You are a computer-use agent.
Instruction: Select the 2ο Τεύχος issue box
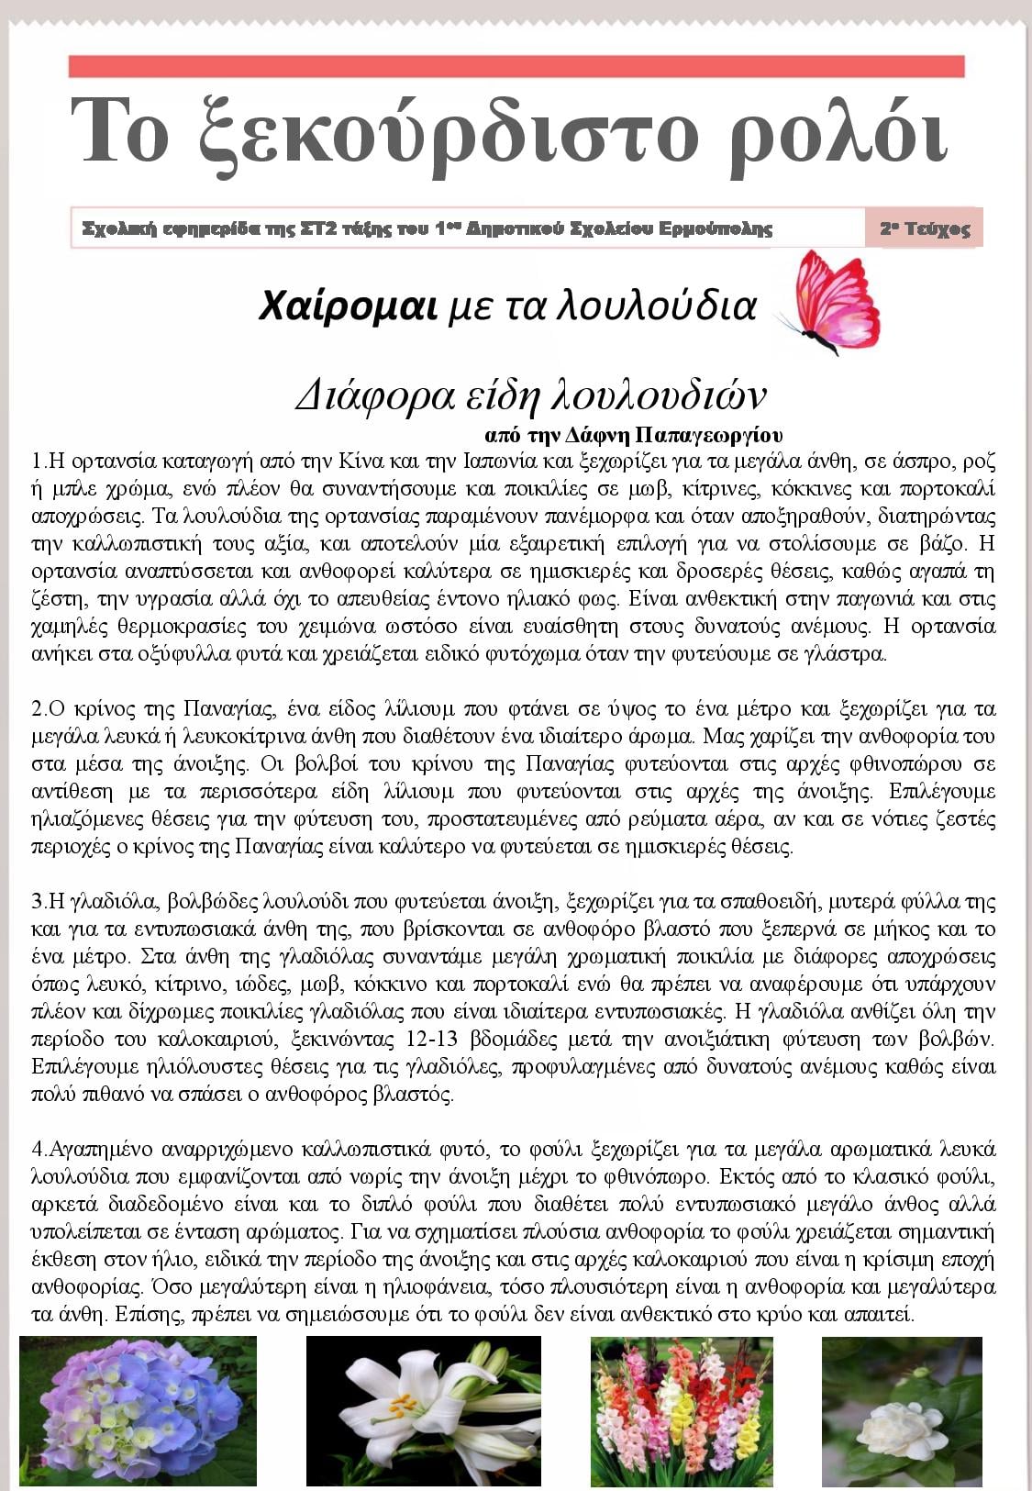point(924,228)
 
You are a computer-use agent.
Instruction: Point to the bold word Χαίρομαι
point(348,306)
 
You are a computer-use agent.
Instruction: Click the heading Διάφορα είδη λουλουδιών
point(530,394)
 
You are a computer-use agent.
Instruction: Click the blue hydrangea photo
point(138,1410)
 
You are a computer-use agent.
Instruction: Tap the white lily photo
point(423,1410)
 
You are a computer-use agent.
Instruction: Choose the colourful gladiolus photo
point(682,1410)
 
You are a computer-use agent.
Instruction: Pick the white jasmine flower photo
point(902,1410)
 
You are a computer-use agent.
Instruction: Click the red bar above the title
point(516,66)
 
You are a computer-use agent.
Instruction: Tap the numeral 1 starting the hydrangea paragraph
point(37,461)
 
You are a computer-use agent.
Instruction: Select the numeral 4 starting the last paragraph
point(37,1150)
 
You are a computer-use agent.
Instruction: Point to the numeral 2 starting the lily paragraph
point(37,709)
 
